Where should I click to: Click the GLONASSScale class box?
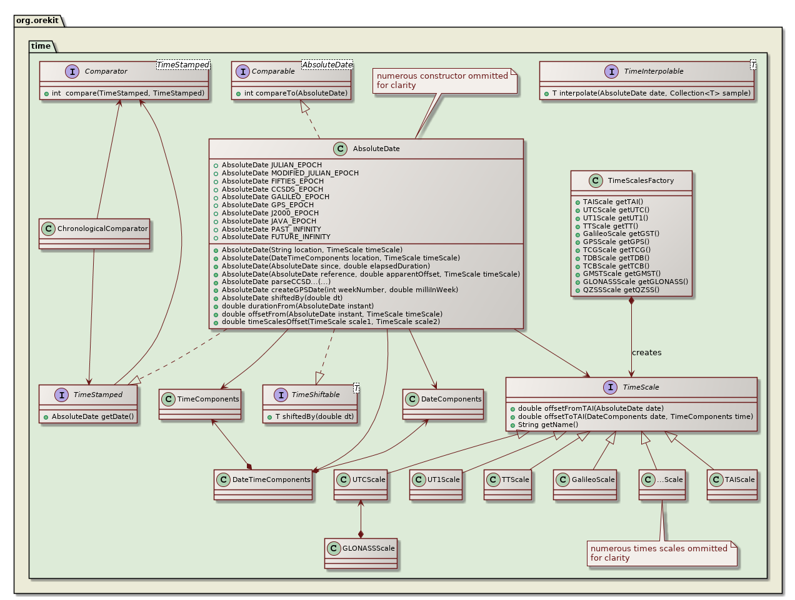[x=361, y=553]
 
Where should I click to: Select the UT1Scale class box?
[x=436, y=484]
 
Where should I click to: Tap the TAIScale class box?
[x=732, y=484]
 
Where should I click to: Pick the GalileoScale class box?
[x=585, y=484]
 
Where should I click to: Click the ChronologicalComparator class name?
[x=102, y=229]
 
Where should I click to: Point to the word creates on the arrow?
[x=646, y=353]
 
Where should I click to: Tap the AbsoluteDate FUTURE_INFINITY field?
[x=276, y=237]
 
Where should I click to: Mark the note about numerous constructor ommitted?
[x=444, y=81]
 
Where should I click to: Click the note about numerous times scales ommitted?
[x=661, y=553]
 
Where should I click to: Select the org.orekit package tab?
[x=37, y=21]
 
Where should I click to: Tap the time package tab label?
[x=41, y=46]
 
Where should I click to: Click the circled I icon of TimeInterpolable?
[x=612, y=72]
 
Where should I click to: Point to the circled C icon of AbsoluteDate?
[x=340, y=149]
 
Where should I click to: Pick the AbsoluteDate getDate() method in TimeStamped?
[x=92, y=416]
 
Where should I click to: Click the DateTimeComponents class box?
[x=263, y=484]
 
